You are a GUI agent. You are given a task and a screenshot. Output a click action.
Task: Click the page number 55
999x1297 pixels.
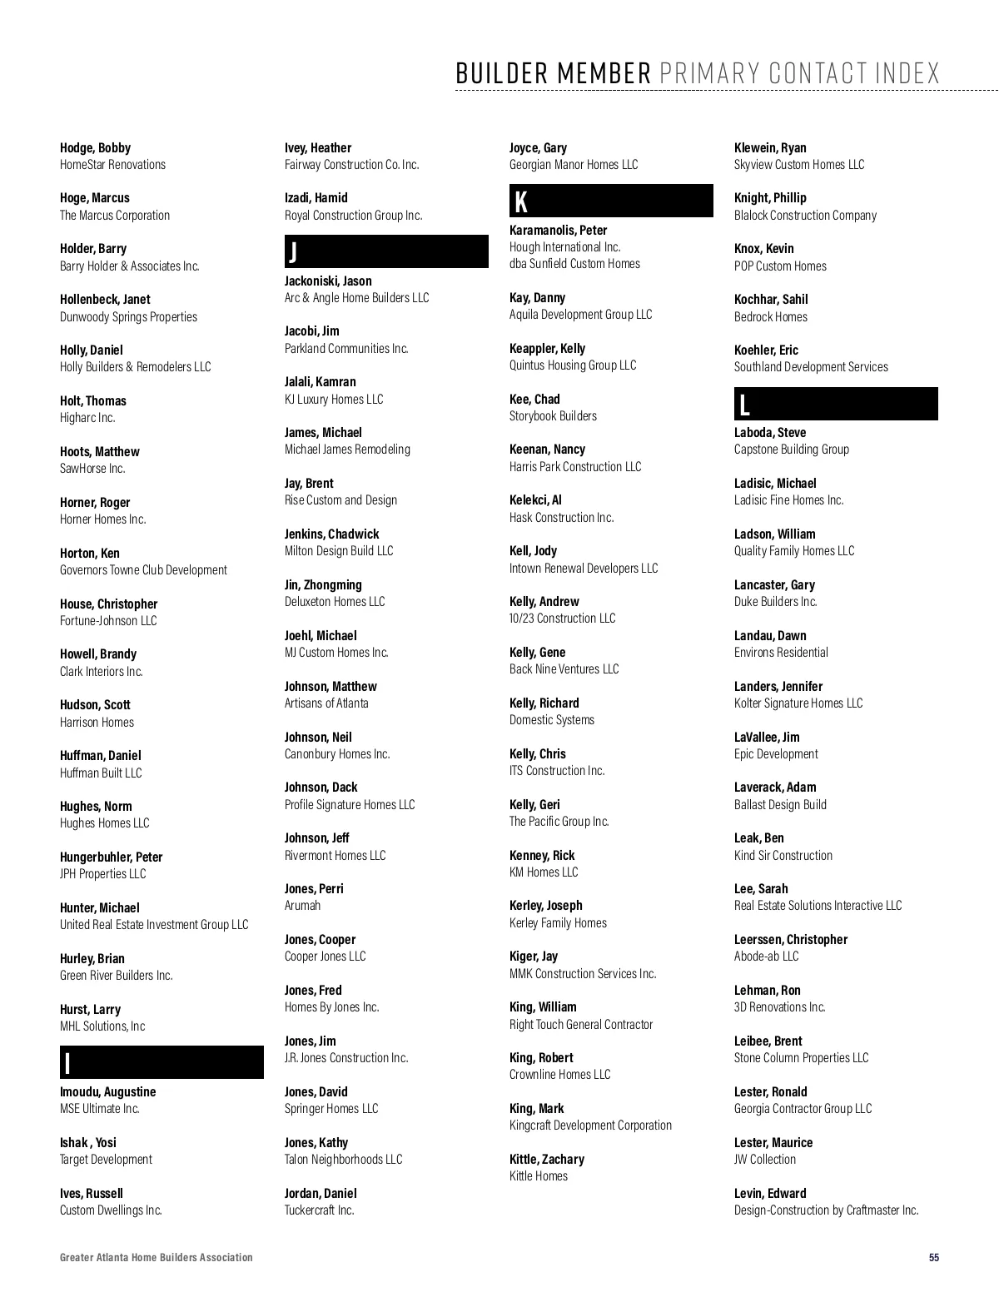934,1257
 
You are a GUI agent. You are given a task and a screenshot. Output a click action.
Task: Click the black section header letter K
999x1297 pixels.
521,201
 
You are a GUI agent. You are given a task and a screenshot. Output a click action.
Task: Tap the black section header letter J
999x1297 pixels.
292,251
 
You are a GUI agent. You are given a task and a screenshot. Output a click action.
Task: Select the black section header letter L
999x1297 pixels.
744,405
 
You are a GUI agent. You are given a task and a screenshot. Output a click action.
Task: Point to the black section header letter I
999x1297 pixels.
67,1063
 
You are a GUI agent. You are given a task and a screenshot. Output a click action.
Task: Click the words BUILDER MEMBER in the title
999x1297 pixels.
553,73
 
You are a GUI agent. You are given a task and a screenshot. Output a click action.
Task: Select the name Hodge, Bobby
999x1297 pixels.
95,147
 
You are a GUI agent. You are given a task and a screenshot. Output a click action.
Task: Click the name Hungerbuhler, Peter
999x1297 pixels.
111,857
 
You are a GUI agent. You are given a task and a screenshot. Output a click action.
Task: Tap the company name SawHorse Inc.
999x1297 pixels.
92,468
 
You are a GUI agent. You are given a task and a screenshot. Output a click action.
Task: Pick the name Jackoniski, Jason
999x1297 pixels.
328,281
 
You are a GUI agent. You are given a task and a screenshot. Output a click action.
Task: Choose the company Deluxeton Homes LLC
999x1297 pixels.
335,601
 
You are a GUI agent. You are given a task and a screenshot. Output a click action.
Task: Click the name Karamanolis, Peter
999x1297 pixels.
558,230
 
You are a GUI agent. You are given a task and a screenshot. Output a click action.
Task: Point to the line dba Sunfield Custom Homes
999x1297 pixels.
574,263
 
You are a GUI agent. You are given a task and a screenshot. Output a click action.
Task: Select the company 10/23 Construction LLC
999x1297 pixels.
562,618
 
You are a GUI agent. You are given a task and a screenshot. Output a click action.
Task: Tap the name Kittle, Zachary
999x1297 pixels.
546,1159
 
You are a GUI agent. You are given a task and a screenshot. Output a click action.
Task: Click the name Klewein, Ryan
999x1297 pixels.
770,147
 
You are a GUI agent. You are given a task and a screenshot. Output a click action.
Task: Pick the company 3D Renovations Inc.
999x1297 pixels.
779,1006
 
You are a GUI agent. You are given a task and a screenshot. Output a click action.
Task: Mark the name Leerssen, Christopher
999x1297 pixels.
790,939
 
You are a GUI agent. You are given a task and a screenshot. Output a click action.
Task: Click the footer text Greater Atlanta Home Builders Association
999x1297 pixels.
156,1257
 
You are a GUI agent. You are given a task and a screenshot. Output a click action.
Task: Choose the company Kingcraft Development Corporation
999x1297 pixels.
590,1125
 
